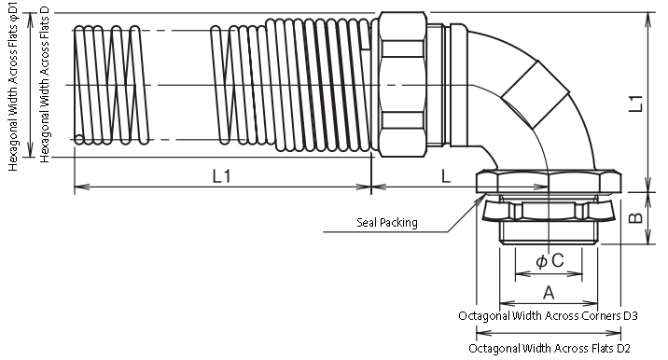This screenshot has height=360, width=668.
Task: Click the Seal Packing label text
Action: (x=387, y=222)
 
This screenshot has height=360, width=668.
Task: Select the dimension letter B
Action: (x=635, y=217)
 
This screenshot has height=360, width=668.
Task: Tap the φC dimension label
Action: (x=550, y=260)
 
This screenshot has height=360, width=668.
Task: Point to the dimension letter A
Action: (x=549, y=293)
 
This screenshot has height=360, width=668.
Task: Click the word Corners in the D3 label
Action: (x=595, y=315)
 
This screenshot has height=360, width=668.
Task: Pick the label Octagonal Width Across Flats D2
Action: (x=550, y=348)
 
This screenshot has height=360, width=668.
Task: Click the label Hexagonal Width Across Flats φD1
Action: (x=13, y=86)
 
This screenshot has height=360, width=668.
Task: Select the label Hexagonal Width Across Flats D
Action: (x=44, y=84)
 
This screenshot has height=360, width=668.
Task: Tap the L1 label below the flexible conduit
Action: (x=221, y=175)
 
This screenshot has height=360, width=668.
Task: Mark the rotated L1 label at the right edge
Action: (x=635, y=104)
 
